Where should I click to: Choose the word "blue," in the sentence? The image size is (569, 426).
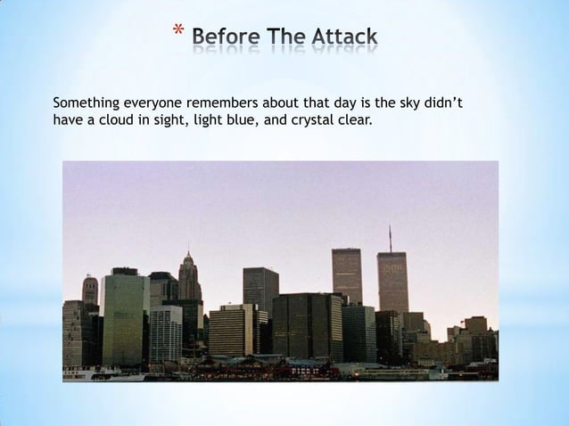point(233,121)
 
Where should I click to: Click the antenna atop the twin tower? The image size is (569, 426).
point(390,239)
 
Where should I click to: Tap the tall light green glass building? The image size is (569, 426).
point(125,316)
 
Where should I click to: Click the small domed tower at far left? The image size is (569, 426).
point(90,289)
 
